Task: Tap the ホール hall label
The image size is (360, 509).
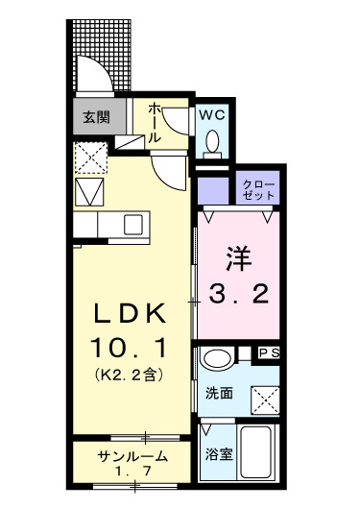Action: click(153, 123)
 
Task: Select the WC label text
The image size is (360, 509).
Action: click(212, 113)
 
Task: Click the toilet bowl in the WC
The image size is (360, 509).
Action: click(213, 143)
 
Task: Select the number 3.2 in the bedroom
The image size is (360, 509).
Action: click(239, 295)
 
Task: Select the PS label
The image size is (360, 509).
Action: click(270, 353)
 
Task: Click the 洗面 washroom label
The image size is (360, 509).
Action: click(218, 393)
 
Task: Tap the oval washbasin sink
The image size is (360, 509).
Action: click(215, 361)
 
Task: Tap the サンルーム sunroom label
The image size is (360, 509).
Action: click(133, 457)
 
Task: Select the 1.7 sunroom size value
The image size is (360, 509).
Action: click(134, 473)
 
